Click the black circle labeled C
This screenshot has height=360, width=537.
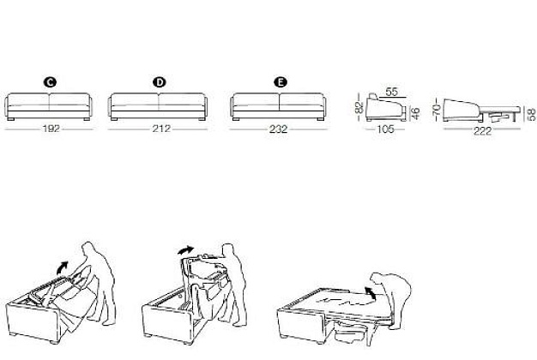(50, 82)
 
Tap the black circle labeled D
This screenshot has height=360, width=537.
(159, 82)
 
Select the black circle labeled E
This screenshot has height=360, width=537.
(281, 82)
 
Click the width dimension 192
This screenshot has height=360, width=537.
(51, 129)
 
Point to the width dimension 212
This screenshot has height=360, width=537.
(161, 129)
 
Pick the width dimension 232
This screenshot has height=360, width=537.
(278, 129)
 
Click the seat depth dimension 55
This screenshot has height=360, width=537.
(391, 92)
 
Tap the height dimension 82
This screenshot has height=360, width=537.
(359, 107)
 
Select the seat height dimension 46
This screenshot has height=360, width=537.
(414, 114)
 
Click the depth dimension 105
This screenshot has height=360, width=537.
(385, 129)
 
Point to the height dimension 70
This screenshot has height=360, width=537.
(436, 110)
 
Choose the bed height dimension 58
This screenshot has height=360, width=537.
(532, 115)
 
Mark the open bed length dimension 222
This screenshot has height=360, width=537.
(483, 131)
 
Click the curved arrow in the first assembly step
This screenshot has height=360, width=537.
(63, 267)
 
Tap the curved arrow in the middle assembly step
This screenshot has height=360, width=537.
(186, 250)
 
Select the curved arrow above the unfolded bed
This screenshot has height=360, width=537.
(370, 294)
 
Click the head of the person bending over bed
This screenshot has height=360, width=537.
(377, 278)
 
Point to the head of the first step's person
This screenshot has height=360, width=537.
(87, 248)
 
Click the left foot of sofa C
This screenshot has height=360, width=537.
(10, 119)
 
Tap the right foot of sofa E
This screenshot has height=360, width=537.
(321, 119)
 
